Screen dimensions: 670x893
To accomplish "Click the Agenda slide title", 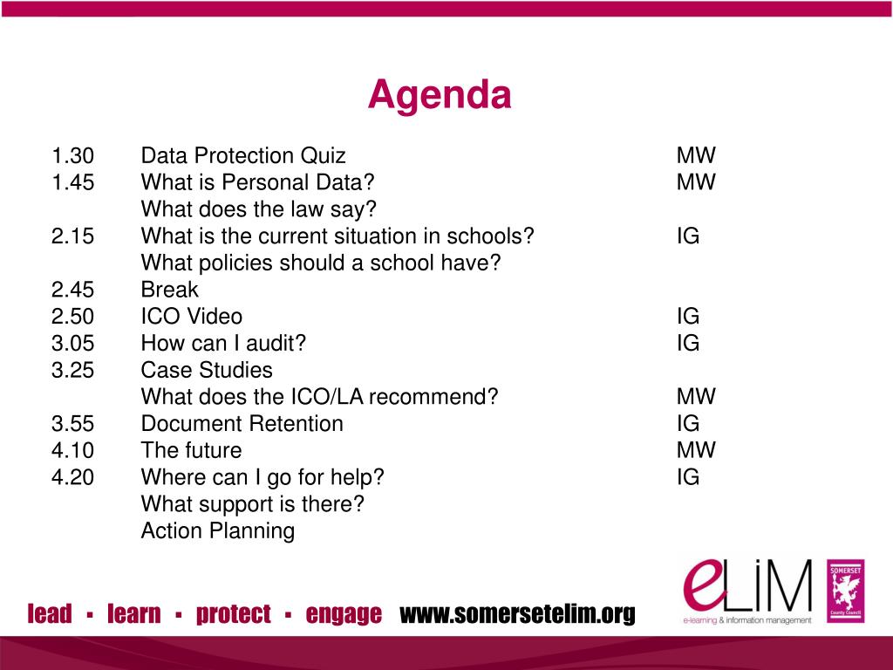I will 439,95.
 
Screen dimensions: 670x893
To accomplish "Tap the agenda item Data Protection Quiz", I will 243,156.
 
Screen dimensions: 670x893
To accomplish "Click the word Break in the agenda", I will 169,290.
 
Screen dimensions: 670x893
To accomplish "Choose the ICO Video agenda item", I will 192,317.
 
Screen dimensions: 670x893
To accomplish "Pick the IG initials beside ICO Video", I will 688,317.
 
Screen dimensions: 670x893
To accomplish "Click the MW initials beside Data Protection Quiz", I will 695,156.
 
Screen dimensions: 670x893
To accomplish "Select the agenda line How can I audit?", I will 223,344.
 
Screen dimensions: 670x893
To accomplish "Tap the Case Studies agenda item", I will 207,370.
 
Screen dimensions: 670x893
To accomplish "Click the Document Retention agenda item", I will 242,424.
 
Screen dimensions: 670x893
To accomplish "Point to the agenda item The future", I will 191,450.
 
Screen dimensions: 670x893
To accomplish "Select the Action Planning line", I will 217,530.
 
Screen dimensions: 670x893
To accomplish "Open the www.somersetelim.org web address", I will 517,614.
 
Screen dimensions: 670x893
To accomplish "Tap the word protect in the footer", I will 234,614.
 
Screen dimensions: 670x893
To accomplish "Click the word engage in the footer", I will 344,614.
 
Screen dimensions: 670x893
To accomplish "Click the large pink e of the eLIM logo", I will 705,585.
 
